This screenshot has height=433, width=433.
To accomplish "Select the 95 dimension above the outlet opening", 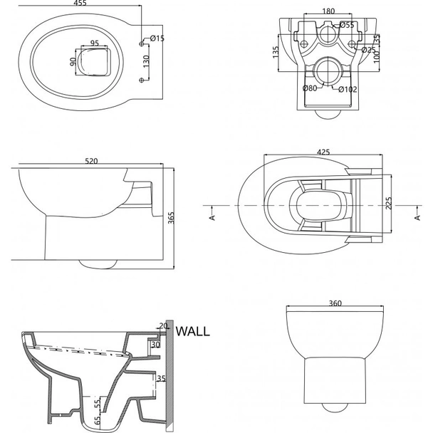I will pyautogui.click(x=94, y=43).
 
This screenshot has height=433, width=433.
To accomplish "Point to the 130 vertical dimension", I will pyautogui.click(x=145, y=63).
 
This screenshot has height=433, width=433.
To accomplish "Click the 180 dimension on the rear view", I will pyautogui.click(x=329, y=11).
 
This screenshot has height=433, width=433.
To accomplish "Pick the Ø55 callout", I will pyautogui.click(x=348, y=25).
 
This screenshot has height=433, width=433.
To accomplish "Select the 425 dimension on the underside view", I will pyautogui.click(x=323, y=151).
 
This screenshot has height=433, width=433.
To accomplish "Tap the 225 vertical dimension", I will pyautogui.click(x=388, y=203).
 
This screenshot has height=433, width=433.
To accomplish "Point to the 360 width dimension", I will pyautogui.click(x=336, y=303).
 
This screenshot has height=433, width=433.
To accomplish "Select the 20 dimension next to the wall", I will pyautogui.click(x=163, y=326).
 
